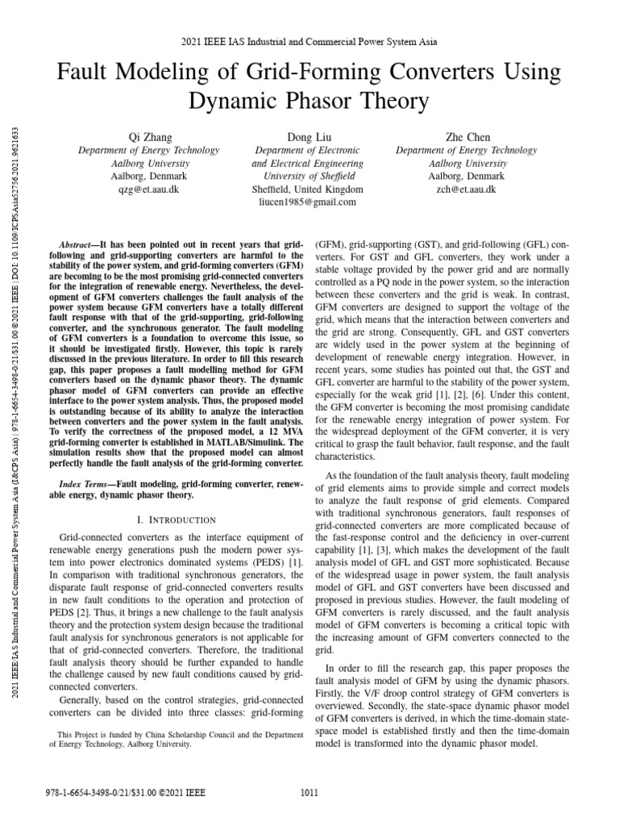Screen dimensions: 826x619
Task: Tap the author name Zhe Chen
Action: pos(467,137)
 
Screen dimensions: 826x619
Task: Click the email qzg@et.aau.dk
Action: pos(148,189)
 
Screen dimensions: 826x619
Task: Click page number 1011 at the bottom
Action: pos(309,794)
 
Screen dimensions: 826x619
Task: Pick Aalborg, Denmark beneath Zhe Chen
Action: pos(467,176)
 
